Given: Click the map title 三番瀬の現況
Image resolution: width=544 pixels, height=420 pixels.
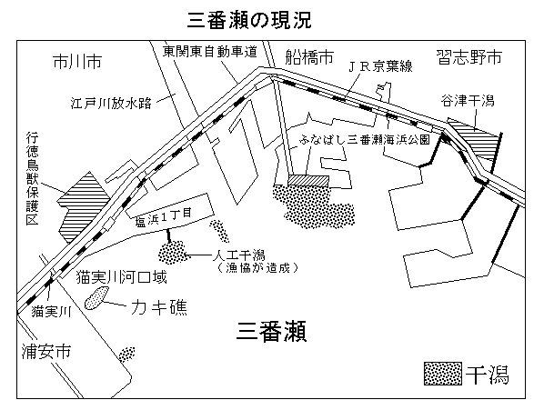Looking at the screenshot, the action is tap(249, 21).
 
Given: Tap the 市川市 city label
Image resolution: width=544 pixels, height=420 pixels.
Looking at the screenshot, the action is tap(77, 62).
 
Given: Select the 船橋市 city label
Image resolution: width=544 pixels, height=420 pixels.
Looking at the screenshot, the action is tap(309, 57).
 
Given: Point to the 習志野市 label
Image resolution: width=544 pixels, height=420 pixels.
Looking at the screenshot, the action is tap(469, 57).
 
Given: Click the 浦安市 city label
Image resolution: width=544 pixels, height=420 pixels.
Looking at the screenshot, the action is tap(46, 351).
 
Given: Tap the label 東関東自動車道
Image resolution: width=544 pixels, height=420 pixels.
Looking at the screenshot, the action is tap(210, 52).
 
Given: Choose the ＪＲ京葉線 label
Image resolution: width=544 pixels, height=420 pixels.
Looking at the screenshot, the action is tap(380, 66).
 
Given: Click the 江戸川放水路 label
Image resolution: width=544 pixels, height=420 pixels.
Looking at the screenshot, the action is tap(111, 103).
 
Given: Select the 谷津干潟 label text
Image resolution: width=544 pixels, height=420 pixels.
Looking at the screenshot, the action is tap(468, 101).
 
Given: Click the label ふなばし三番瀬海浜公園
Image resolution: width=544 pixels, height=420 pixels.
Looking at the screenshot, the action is tap(364, 139).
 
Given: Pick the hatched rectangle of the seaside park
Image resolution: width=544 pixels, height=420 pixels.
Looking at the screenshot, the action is tap(308, 180).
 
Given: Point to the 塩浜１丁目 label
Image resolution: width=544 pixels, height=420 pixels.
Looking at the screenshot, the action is tap(163, 217).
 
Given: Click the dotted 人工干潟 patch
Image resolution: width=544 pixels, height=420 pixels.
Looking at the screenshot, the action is tap(173, 253).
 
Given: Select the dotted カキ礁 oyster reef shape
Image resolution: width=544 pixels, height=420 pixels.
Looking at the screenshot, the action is tap(96, 297).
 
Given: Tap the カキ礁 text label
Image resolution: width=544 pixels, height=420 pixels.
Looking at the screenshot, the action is tap(159, 307).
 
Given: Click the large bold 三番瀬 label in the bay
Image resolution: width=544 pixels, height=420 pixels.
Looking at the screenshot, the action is tap(271, 332).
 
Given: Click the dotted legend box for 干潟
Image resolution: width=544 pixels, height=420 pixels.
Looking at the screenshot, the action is tap(443, 374).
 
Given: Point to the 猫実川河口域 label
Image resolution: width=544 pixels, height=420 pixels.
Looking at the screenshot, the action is tap(121, 277).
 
